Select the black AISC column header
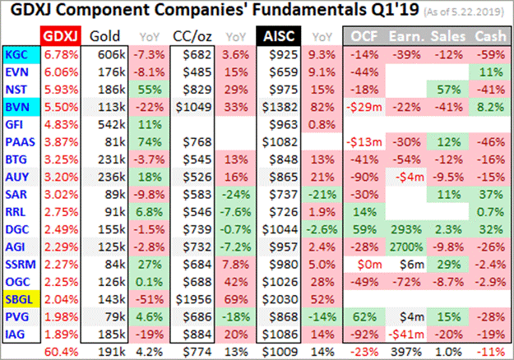pyautogui.click(x=277, y=35)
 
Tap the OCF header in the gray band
pyautogui.click(x=364, y=35)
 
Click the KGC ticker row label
pyautogui.click(x=16, y=53)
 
